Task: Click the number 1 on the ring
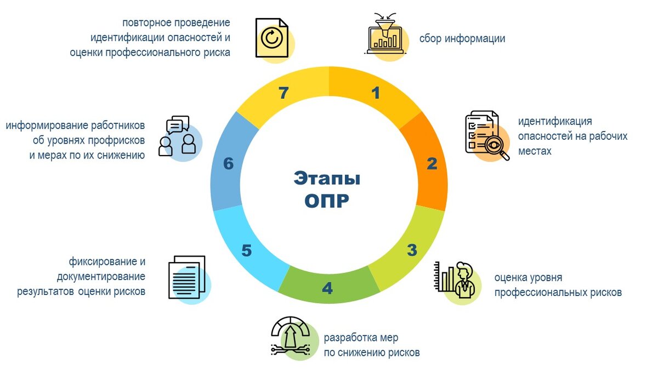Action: pos(376,93)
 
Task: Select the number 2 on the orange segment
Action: pos(432,163)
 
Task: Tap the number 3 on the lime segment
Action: pos(412,251)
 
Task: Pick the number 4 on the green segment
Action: pos(327,288)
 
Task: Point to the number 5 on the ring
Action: pos(247,251)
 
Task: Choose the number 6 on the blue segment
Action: pos(229,163)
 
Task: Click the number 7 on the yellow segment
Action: pos(283,93)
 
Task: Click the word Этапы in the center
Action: pos(327,179)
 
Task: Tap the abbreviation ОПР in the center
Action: pos(327,201)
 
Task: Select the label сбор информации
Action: pos(462,38)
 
